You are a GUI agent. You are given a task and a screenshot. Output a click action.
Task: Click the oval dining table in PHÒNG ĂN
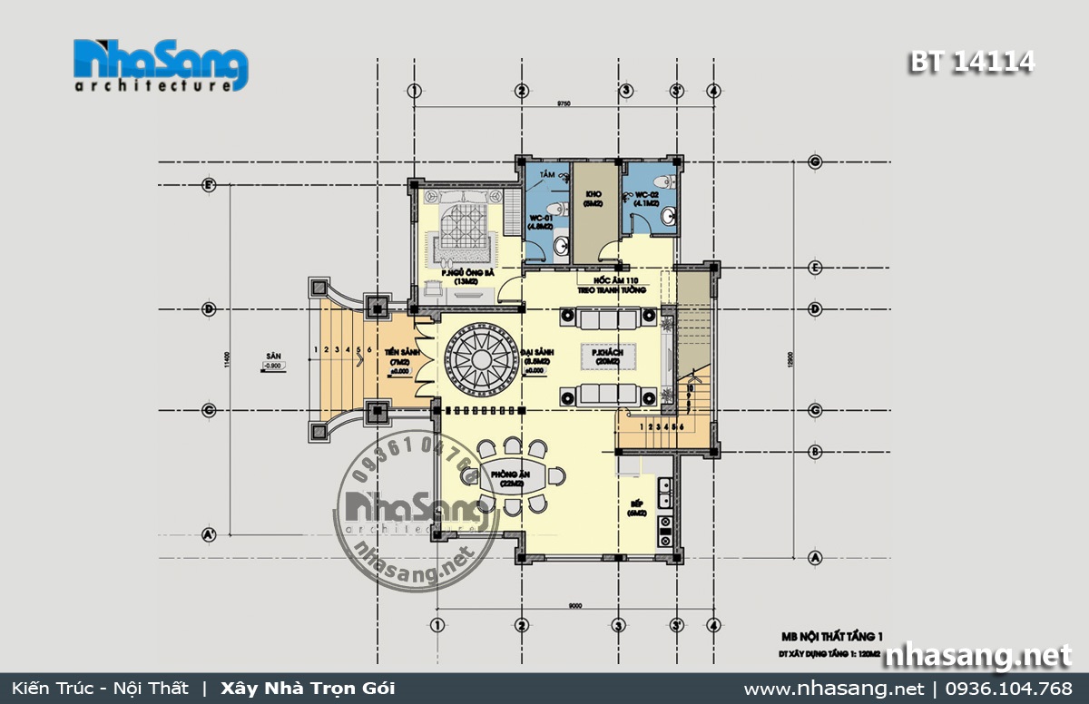(513, 476)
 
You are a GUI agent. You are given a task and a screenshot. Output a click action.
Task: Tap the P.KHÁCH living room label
(605, 356)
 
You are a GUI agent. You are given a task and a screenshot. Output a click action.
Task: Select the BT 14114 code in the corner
(971, 62)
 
